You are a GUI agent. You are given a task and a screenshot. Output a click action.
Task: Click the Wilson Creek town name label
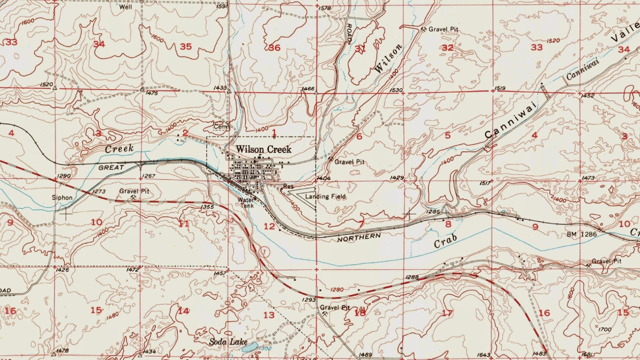(x=263, y=149)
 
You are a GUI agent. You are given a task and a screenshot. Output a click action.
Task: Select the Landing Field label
(x=325, y=196)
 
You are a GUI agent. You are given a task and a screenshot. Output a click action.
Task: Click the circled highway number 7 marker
(x=264, y=252)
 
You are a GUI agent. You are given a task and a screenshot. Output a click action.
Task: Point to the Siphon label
(x=62, y=198)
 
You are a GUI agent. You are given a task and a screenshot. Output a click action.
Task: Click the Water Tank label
(x=246, y=202)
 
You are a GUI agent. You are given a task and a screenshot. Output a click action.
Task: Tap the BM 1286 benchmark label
(x=582, y=234)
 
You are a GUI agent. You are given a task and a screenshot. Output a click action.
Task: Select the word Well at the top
(x=126, y=7)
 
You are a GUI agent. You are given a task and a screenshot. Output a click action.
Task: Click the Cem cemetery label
(x=220, y=126)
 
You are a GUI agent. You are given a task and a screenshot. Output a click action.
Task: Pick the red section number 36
(x=274, y=48)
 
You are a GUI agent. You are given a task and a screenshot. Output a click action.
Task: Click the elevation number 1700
(x=605, y=330)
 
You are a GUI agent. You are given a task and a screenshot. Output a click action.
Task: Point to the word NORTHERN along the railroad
(x=359, y=238)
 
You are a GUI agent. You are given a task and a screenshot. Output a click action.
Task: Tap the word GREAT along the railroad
(x=111, y=168)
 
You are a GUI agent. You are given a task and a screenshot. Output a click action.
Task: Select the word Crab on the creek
(x=446, y=241)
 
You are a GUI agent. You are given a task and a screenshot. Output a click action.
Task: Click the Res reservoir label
(x=288, y=186)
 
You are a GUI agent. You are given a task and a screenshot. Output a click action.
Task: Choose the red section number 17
(x=447, y=313)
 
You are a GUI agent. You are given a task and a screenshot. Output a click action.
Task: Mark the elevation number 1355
(x=207, y=207)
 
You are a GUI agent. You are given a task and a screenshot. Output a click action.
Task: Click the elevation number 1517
(x=485, y=183)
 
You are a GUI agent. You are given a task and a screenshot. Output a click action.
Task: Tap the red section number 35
(x=186, y=47)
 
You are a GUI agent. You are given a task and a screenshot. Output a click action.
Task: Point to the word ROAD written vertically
(x=349, y=34)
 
